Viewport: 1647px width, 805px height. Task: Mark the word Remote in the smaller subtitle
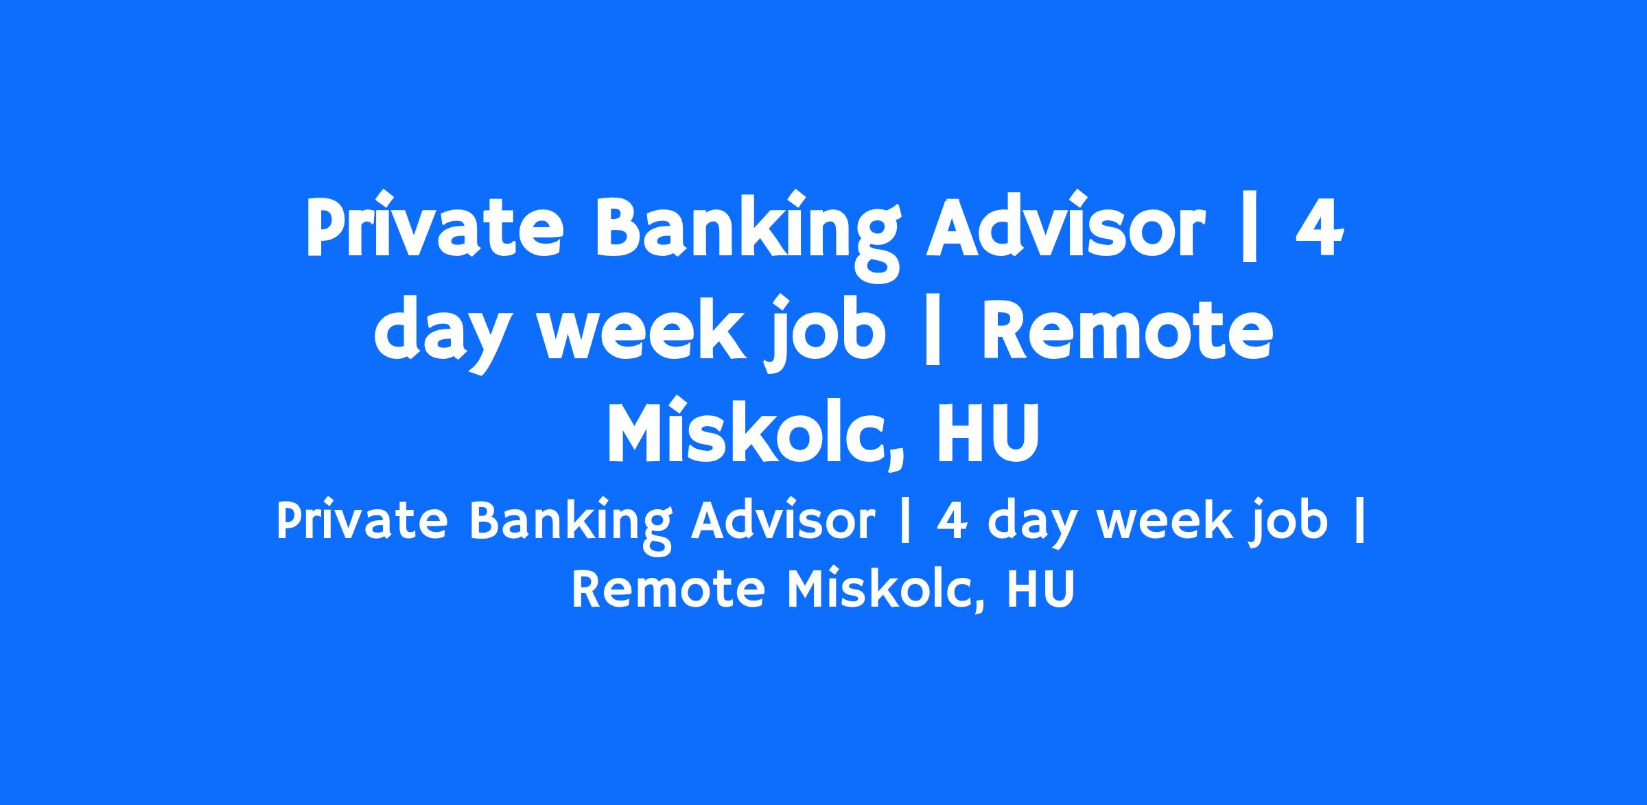click(x=668, y=590)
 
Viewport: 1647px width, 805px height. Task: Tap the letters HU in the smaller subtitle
click(x=1040, y=590)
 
